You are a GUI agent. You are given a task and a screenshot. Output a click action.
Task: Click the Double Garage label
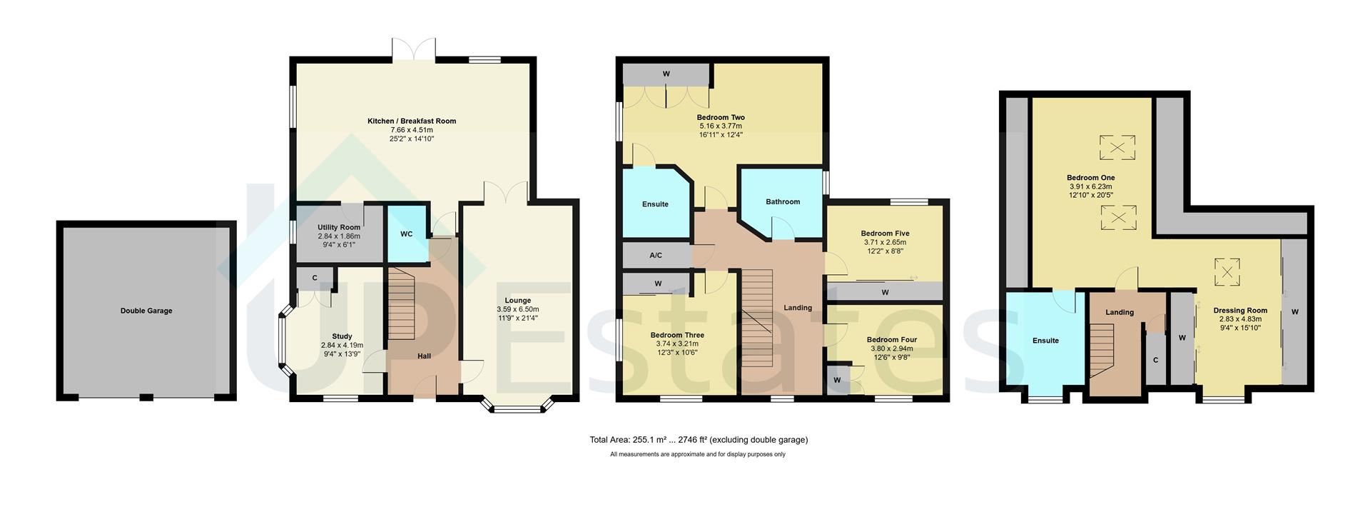(x=146, y=311)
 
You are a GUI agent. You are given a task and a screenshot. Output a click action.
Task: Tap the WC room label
(x=406, y=234)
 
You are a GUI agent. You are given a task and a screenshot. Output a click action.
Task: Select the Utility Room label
(x=339, y=228)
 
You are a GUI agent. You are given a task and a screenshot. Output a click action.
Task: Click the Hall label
(x=424, y=356)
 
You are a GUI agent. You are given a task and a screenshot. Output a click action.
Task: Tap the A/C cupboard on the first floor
(x=656, y=255)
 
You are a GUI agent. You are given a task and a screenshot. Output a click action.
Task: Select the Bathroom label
(x=783, y=202)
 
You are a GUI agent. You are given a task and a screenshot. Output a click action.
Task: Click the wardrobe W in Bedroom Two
(x=666, y=74)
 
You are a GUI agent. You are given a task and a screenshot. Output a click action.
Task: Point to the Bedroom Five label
(x=885, y=234)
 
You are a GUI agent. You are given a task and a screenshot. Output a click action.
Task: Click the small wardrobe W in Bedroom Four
(x=837, y=380)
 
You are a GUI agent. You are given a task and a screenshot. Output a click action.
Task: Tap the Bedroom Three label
(x=677, y=335)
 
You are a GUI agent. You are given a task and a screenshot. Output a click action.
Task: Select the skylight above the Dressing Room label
(x=1227, y=271)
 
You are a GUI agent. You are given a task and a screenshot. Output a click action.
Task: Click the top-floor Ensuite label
(x=1045, y=341)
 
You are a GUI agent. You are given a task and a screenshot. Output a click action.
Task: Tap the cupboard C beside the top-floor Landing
(x=1155, y=360)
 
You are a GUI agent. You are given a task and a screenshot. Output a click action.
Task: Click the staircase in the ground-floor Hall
(x=401, y=306)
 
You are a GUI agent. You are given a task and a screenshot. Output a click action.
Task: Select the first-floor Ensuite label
(x=655, y=204)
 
